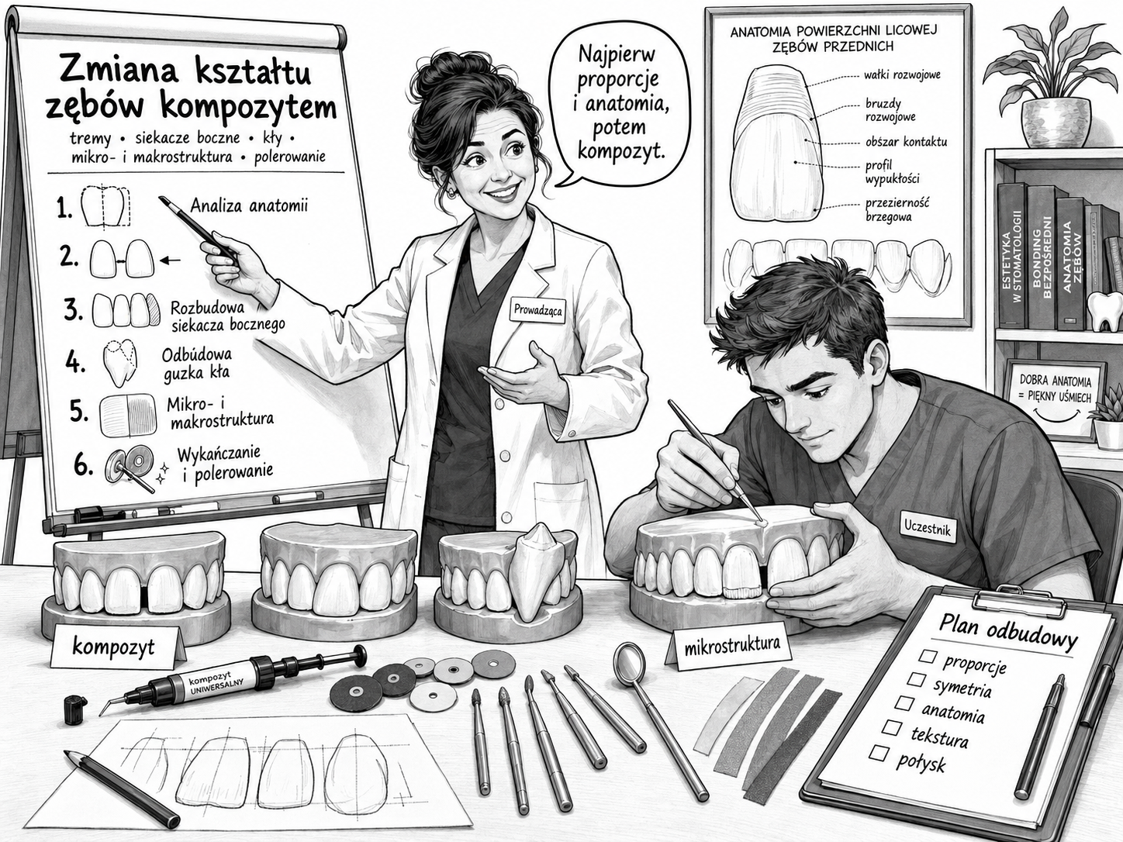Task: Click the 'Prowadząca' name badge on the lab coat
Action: click(x=537, y=311)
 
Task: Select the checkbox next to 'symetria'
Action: click(x=916, y=679)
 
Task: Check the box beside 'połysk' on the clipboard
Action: click(x=879, y=753)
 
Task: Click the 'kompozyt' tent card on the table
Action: click(x=113, y=647)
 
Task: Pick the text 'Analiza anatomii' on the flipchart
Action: click(x=249, y=205)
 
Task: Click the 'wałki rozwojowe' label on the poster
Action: click(x=902, y=75)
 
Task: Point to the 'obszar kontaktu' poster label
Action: click(x=906, y=141)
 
